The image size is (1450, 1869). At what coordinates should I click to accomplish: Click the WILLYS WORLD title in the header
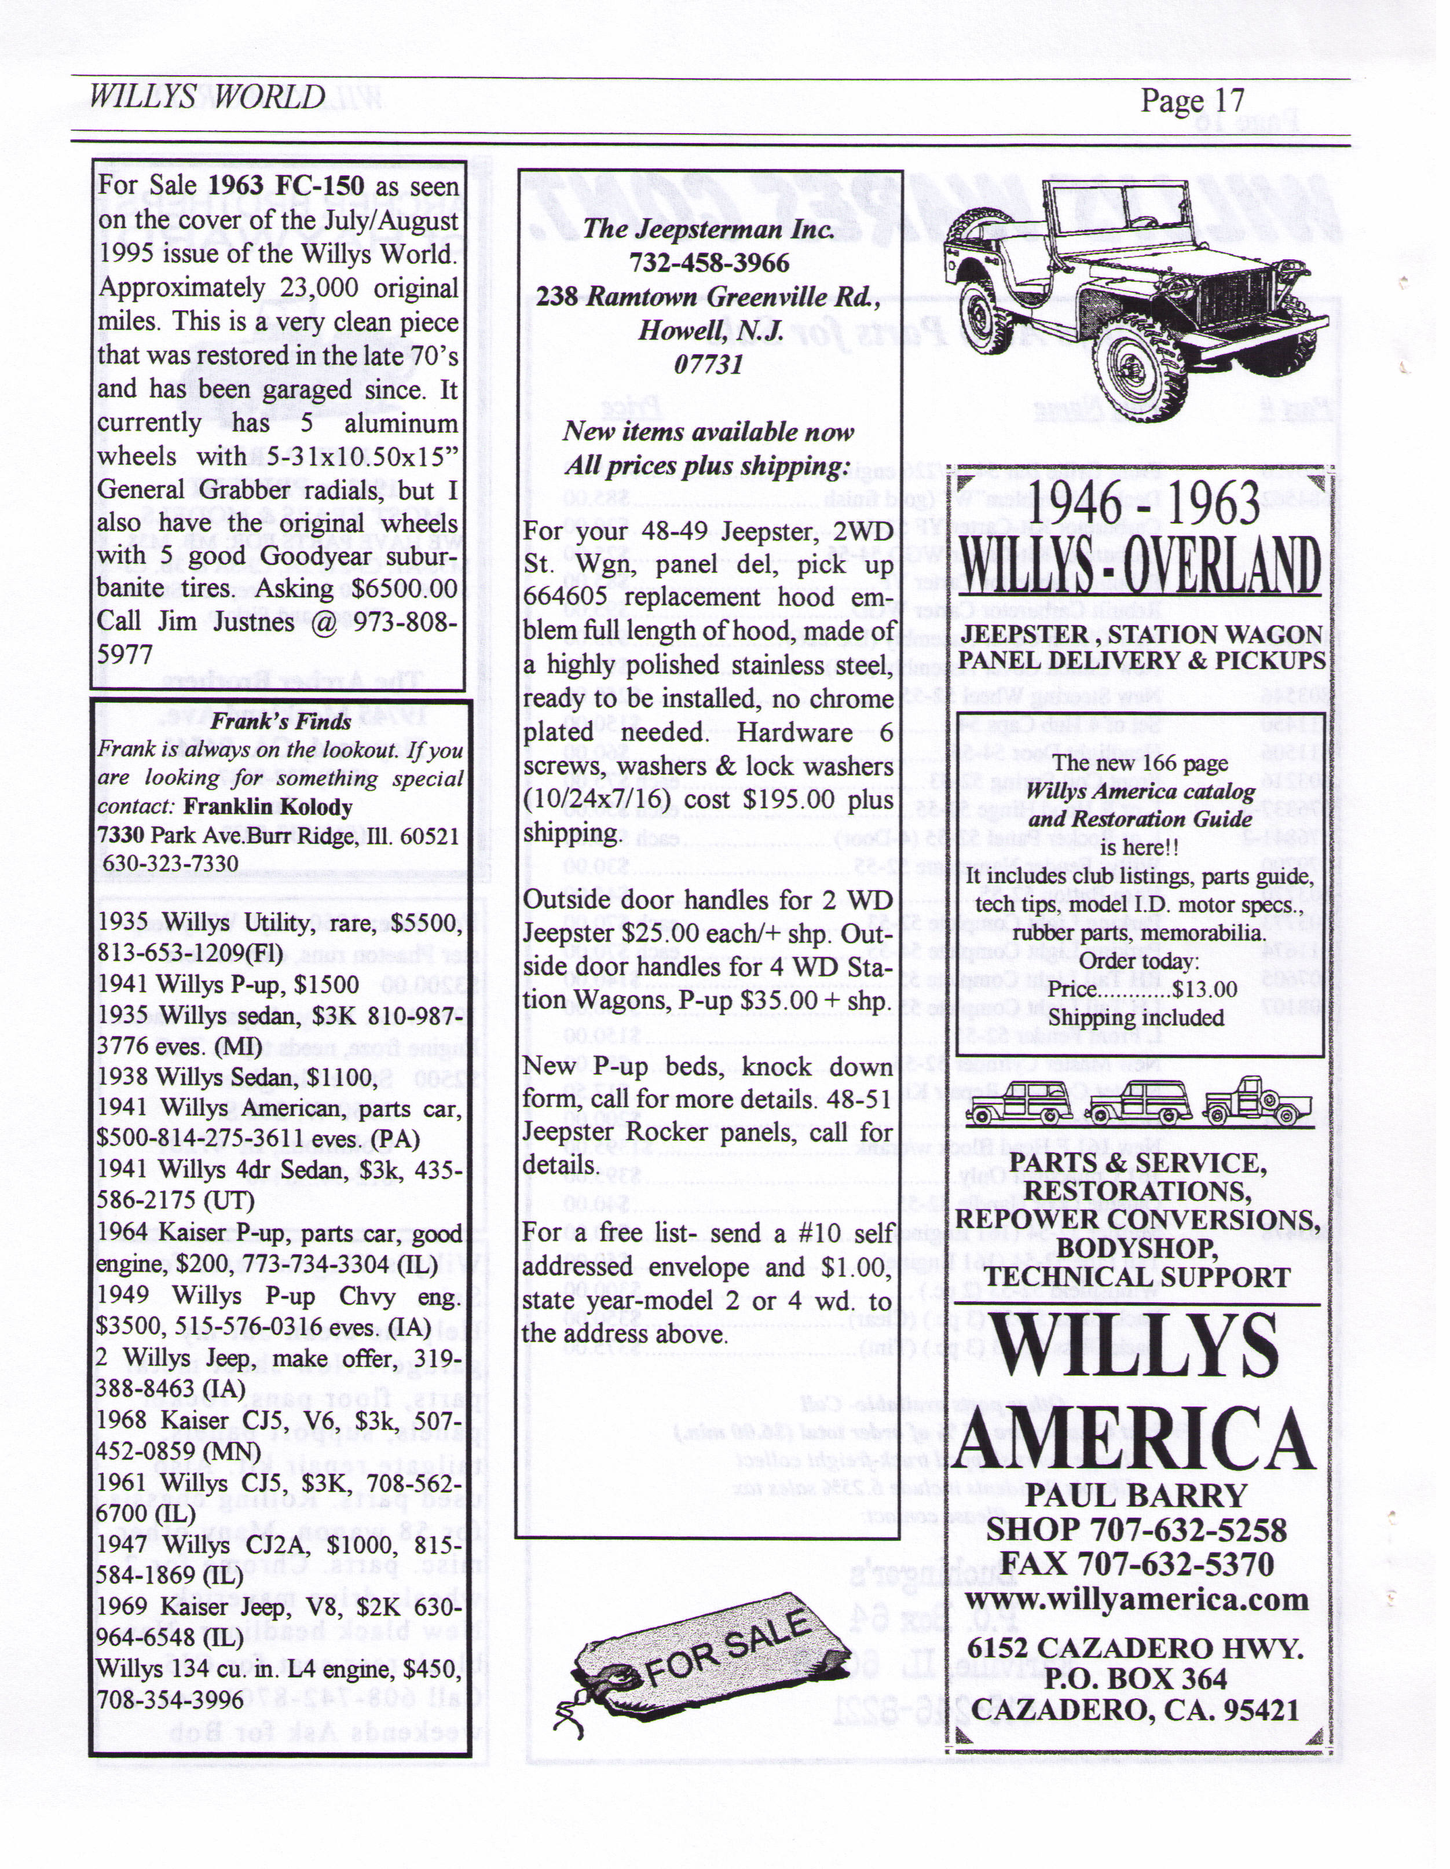tap(207, 96)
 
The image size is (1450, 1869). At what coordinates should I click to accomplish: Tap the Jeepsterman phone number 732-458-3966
tap(709, 263)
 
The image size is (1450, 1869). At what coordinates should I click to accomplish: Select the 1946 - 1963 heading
tap(1141, 505)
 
